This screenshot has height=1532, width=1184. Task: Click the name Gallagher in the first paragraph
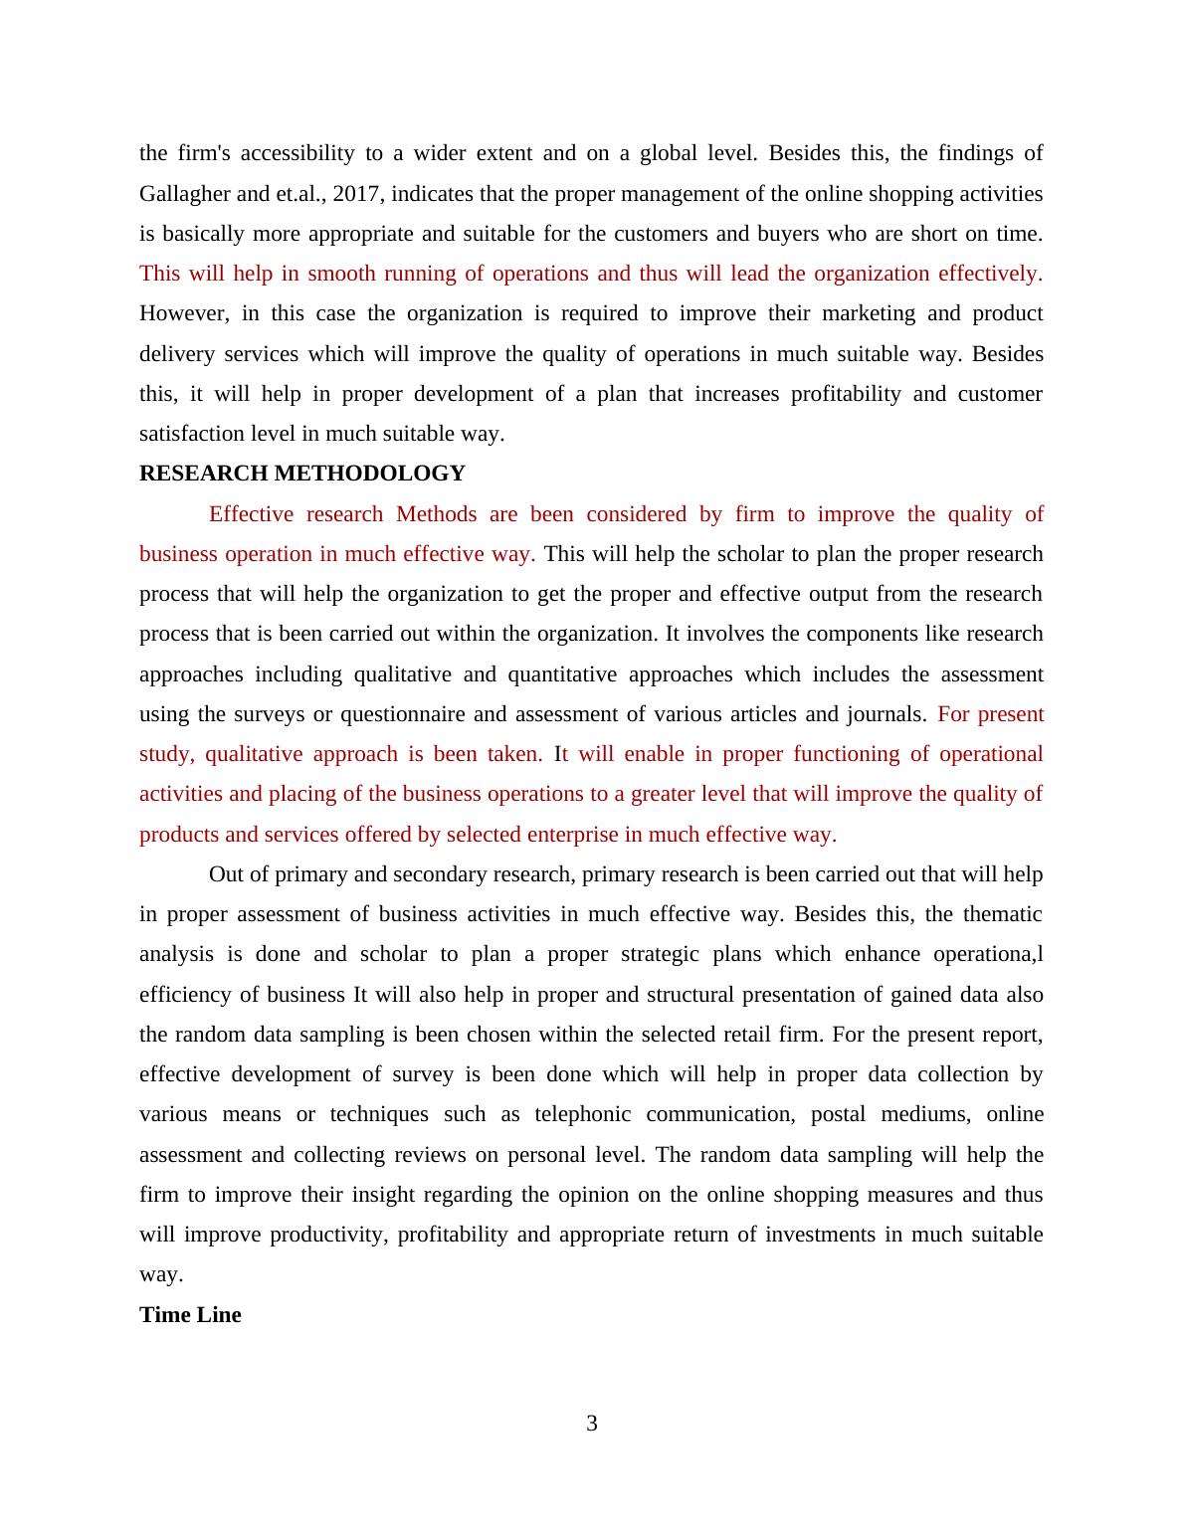point(183,194)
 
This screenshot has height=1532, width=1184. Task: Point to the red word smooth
point(340,274)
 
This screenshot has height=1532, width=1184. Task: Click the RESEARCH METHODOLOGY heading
point(301,474)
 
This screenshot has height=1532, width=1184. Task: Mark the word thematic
point(1003,914)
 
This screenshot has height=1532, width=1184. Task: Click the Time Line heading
point(190,1315)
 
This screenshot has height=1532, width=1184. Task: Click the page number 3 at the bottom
point(592,1424)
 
